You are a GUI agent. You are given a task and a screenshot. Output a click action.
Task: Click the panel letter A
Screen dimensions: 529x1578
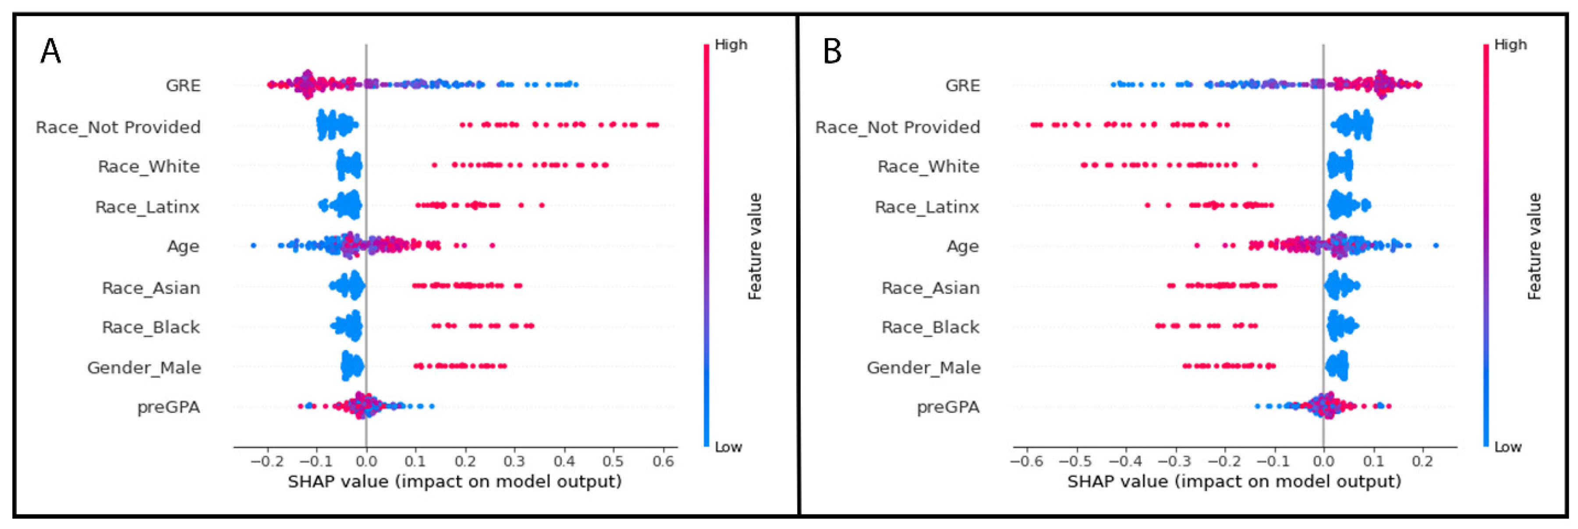50,51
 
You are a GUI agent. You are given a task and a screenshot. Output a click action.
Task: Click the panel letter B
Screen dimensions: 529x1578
832,51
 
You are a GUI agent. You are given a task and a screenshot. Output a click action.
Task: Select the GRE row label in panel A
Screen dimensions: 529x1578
183,85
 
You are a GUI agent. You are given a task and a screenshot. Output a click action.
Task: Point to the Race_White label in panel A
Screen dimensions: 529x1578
149,167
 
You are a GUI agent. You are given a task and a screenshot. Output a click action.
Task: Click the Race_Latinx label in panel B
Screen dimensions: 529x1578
927,207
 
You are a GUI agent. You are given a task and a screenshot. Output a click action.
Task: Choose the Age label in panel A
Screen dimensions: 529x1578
183,247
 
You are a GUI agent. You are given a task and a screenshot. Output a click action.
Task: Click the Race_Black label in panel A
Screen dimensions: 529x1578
151,327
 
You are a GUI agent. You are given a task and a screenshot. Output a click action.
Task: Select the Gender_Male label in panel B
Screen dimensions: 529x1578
923,367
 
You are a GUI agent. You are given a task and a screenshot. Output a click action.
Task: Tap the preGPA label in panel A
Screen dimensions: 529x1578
168,407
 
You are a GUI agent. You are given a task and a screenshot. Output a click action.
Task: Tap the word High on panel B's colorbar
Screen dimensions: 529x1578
1510,45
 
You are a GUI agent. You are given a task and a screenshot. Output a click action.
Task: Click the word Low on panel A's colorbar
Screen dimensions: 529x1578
728,447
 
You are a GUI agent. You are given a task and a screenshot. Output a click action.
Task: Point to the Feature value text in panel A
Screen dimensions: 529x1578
755,247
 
